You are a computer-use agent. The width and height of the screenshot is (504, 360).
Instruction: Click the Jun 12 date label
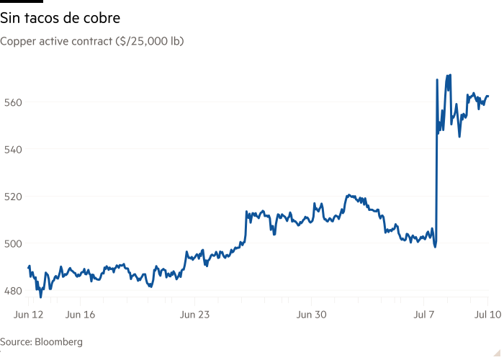click(x=29, y=315)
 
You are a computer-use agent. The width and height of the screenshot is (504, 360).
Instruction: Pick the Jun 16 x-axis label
click(x=80, y=315)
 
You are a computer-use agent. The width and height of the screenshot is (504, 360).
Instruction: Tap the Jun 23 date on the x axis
click(x=194, y=315)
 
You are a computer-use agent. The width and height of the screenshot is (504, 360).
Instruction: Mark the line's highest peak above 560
click(x=450, y=74)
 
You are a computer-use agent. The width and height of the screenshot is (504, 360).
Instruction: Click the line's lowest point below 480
click(x=40, y=296)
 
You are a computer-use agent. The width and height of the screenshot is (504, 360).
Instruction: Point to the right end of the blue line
click(x=489, y=95)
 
